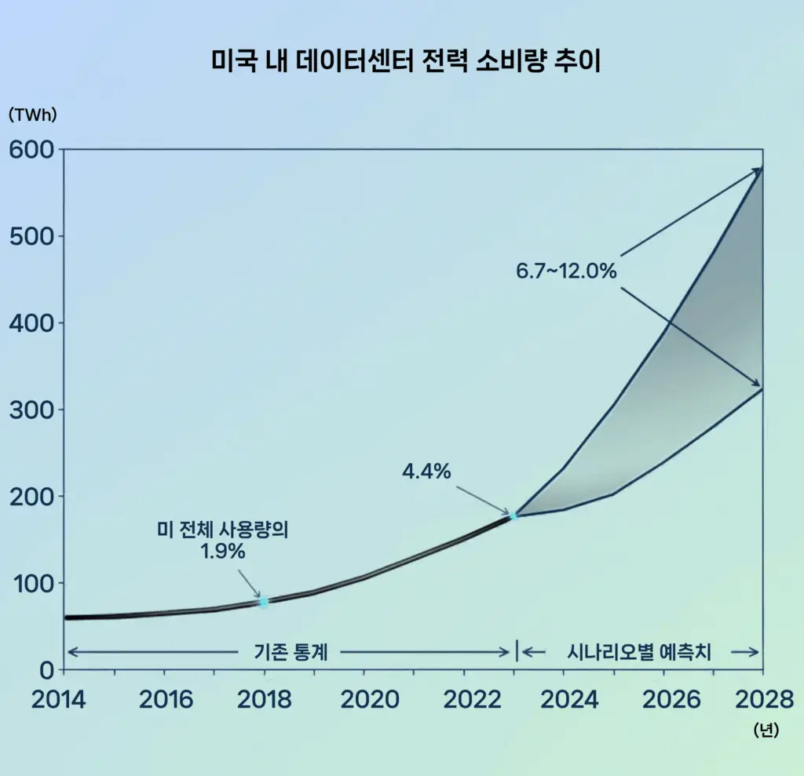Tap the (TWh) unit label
[32, 114]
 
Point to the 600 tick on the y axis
[31, 149]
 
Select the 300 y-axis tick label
[31, 410]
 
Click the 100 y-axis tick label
[31, 583]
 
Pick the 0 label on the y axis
[46, 670]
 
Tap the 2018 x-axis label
[264, 699]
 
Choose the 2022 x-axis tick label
[465, 699]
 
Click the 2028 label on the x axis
[762, 699]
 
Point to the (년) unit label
[765, 730]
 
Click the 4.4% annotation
[426, 472]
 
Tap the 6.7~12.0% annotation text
[566, 271]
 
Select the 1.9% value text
[223, 552]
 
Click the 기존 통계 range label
[291, 651]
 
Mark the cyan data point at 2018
[264, 602]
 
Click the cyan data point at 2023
[514, 516]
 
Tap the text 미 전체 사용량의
[223, 530]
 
